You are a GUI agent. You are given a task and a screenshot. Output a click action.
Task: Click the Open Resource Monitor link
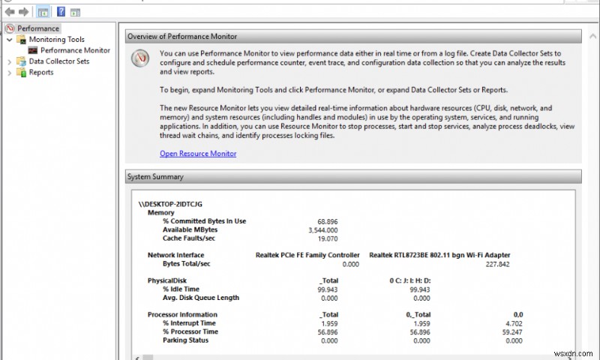[x=198, y=154]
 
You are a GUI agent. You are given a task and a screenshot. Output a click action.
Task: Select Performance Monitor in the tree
[x=75, y=50]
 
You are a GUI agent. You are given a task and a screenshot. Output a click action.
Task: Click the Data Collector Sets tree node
[x=58, y=61]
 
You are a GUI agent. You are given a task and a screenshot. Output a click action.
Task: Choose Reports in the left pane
[x=40, y=73]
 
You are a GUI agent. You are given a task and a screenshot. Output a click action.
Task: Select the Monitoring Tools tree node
[x=56, y=40]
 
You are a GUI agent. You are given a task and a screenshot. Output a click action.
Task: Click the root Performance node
[x=37, y=28]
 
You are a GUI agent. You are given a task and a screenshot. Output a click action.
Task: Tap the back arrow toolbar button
[x=8, y=12]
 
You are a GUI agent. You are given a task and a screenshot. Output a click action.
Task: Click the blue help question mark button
[x=61, y=12]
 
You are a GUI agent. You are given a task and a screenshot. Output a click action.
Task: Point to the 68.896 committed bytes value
[x=327, y=221]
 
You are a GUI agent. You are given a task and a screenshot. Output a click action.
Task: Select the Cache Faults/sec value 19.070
[x=327, y=238]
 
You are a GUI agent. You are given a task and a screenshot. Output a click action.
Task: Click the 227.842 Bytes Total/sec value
[x=497, y=264]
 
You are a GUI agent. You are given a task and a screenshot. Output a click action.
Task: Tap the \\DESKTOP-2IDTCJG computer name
[x=171, y=203]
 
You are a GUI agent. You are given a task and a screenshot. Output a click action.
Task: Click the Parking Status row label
[x=185, y=340]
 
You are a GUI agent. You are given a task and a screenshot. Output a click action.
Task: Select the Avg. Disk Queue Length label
[x=200, y=298]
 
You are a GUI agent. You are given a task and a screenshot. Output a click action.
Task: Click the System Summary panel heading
[x=155, y=177]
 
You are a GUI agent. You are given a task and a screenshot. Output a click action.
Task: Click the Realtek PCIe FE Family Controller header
[x=307, y=256]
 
